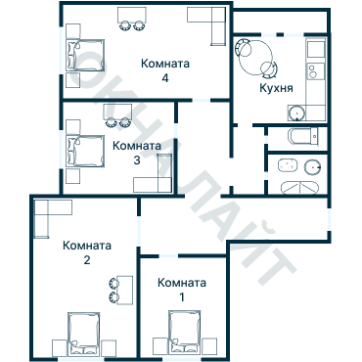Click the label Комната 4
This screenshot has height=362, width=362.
[x=165, y=70]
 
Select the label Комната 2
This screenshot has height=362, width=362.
[x=86, y=252]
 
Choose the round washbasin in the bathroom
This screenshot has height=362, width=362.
[x=313, y=164]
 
